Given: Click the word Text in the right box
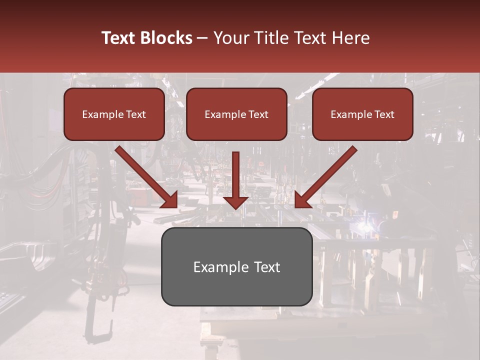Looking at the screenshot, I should [x=383, y=114].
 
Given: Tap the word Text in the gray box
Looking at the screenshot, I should [x=267, y=267].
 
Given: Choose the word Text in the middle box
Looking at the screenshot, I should [x=257, y=114].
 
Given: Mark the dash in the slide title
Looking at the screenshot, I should [x=202, y=38].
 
